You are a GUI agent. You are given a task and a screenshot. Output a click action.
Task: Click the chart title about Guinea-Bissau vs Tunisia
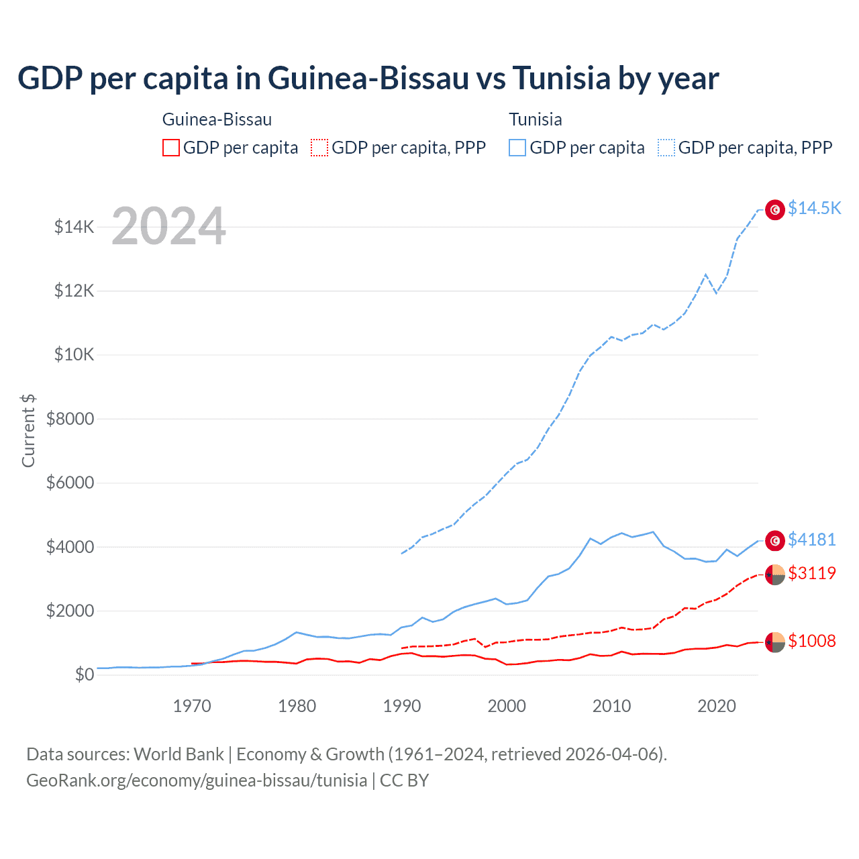point(368,79)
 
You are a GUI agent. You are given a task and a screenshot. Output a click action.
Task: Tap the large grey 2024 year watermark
point(168,226)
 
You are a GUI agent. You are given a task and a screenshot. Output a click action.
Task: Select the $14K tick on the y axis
point(74,227)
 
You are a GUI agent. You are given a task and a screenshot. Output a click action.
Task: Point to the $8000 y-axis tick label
point(70,419)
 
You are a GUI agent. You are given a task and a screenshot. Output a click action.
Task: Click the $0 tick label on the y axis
point(84,674)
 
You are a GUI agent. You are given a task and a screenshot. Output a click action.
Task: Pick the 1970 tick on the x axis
point(192,706)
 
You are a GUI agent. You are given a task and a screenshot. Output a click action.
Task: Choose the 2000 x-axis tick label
point(507,706)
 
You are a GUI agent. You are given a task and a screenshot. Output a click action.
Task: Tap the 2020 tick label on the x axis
point(717,706)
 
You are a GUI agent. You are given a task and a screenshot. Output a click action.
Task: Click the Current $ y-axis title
point(28,430)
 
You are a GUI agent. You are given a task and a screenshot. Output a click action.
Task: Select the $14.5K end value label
point(814,208)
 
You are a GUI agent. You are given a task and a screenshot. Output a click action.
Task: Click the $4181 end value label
point(812,540)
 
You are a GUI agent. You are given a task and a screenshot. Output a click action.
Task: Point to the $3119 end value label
point(812,573)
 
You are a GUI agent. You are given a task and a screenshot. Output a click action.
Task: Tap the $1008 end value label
point(812,641)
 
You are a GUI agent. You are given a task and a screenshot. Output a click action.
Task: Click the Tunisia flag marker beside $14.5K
point(775,210)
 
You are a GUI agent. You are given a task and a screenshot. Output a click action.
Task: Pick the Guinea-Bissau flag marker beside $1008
point(775,642)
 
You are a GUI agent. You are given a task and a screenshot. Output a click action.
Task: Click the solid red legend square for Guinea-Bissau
point(171,148)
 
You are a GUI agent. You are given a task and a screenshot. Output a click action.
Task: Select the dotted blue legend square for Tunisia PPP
point(666,148)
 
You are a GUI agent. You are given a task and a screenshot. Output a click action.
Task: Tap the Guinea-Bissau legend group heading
point(217,119)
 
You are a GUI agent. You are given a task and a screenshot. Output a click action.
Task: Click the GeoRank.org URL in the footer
point(197,780)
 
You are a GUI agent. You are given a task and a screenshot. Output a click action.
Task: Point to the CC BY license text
point(404,780)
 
